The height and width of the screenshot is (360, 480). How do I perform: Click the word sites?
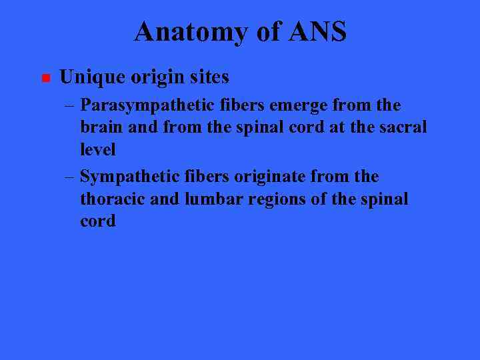pos(208,77)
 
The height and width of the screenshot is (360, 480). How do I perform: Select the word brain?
pos(99,127)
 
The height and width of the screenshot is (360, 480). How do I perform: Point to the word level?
pos(97,149)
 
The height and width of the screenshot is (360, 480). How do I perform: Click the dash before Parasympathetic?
pos(70,105)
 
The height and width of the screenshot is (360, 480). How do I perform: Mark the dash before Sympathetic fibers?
pos(70,177)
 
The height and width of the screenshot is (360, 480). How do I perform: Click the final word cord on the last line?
pos(97,221)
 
